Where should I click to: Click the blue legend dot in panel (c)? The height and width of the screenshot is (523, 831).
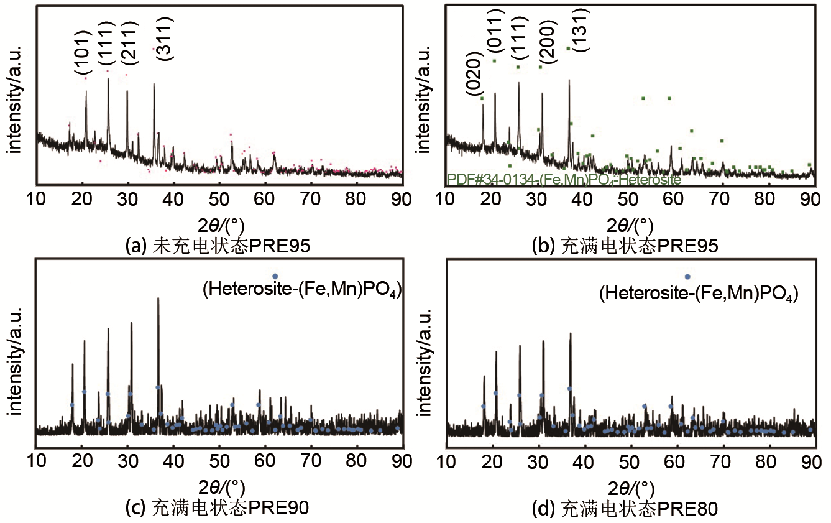point(275,275)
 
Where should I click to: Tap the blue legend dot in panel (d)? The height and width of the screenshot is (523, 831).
point(687,277)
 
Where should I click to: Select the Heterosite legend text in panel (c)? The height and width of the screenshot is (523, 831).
point(301,289)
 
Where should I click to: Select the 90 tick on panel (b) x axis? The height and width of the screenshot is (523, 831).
point(810,198)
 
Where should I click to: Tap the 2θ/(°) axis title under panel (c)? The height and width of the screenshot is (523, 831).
point(218,486)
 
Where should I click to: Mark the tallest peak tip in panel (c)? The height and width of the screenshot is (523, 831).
point(158,298)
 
